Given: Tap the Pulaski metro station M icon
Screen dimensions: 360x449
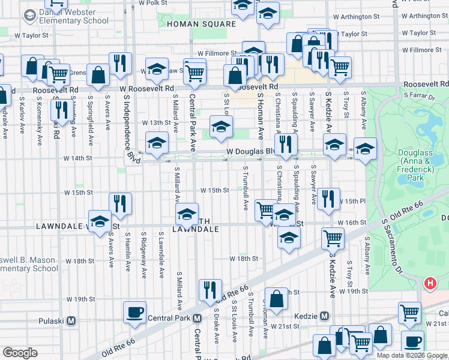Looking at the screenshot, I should [71, 320].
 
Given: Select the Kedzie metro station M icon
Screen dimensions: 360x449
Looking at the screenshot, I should [324, 316].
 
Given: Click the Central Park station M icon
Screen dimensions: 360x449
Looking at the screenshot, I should [197, 318].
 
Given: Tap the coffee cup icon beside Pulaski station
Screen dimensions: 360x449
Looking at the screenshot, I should [134, 312].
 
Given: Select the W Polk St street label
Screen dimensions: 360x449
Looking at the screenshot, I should [153, 3].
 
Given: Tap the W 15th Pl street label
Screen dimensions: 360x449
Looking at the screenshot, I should [355, 201].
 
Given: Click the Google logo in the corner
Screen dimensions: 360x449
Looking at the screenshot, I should [20, 353].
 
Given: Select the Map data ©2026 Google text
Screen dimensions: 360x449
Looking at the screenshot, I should [411, 355].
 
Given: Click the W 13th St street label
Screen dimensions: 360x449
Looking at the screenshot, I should [156, 122].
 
